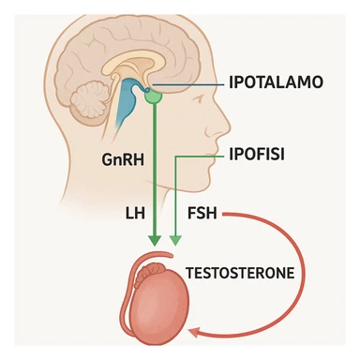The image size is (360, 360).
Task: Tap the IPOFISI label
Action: (260, 151)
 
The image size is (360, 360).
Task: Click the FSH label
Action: (202, 213)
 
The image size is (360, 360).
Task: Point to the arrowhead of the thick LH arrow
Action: (154, 246)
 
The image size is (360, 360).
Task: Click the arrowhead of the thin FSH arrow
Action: (174, 247)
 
